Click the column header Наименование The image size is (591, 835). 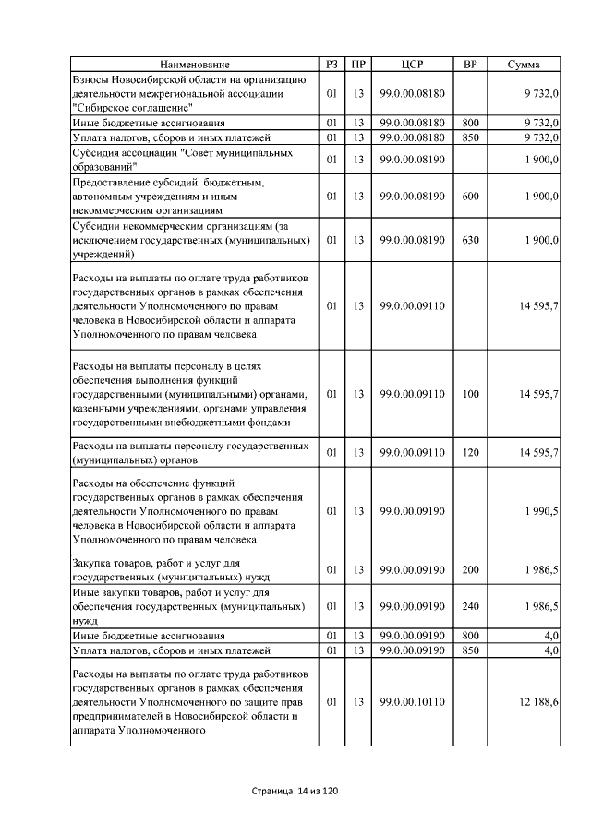(x=194, y=65)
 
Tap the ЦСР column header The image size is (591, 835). (x=412, y=65)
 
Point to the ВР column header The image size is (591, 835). (x=470, y=65)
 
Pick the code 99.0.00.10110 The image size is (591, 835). (x=412, y=702)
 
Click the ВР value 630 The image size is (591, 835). (x=470, y=240)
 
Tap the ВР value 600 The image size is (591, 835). (x=470, y=197)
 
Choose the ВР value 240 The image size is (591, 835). (x=470, y=607)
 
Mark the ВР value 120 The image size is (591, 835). (x=470, y=452)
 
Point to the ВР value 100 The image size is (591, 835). (x=470, y=394)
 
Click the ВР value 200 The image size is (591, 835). (x=470, y=569)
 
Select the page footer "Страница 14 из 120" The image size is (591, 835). (x=295, y=792)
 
